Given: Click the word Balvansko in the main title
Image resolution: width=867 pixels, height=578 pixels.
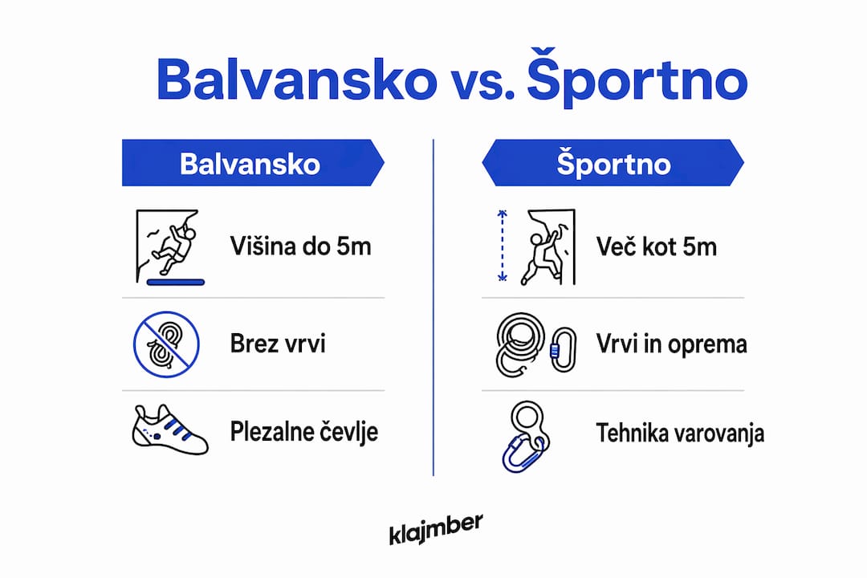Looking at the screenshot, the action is pyautogui.click(x=297, y=80).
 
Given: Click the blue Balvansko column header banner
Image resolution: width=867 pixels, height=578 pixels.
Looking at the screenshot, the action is pyautogui.click(x=253, y=163).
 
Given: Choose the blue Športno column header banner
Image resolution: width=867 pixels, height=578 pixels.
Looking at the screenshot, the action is pyautogui.click(x=613, y=163).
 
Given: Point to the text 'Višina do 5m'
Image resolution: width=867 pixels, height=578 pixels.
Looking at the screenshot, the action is pyautogui.click(x=300, y=246).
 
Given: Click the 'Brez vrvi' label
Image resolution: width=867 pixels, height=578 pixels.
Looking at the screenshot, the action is pyautogui.click(x=278, y=344).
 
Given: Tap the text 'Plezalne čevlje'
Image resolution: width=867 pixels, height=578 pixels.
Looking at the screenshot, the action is pyautogui.click(x=303, y=432).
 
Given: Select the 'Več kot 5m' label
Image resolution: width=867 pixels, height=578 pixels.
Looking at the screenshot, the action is pyautogui.click(x=657, y=246).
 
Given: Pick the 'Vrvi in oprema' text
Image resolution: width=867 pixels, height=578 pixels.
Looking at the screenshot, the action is pyautogui.click(x=671, y=344).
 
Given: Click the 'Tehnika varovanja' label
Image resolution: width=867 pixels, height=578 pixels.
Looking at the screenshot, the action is pyautogui.click(x=680, y=433).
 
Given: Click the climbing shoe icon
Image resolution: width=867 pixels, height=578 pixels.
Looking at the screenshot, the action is pyautogui.click(x=169, y=430).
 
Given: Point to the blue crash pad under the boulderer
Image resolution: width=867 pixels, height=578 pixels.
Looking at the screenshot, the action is pyautogui.click(x=176, y=282).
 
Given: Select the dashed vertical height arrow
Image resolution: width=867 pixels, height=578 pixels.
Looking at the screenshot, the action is pyautogui.click(x=502, y=246).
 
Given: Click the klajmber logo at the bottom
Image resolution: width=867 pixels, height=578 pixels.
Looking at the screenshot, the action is pyautogui.click(x=436, y=529).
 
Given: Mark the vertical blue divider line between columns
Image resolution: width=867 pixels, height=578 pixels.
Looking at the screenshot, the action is pyautogui.click(x=433, y=307).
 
